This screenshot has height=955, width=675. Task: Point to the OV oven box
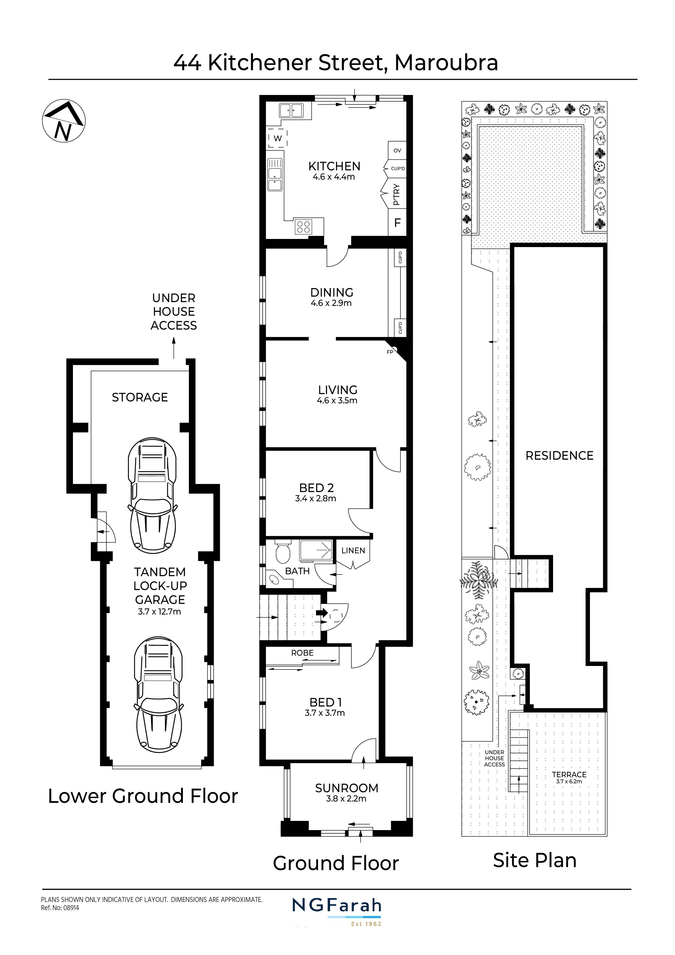tap(397, 151)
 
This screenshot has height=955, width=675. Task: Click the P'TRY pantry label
tap(396, 195)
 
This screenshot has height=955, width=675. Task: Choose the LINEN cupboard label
tap(353, 551)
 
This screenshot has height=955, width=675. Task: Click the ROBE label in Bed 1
tap(302, 653)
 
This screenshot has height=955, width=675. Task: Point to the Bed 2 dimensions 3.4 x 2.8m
tap(316, 499)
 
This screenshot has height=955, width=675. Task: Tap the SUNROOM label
tap(346, 788)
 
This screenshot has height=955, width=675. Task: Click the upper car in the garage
tap(152, 496)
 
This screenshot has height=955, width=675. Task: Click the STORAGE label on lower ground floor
tap(140, 397)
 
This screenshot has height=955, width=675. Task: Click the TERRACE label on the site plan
tap(569, 775)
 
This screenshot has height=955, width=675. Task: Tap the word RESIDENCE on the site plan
tap(559, 456)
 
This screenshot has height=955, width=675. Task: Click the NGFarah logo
tap(336, 905)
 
